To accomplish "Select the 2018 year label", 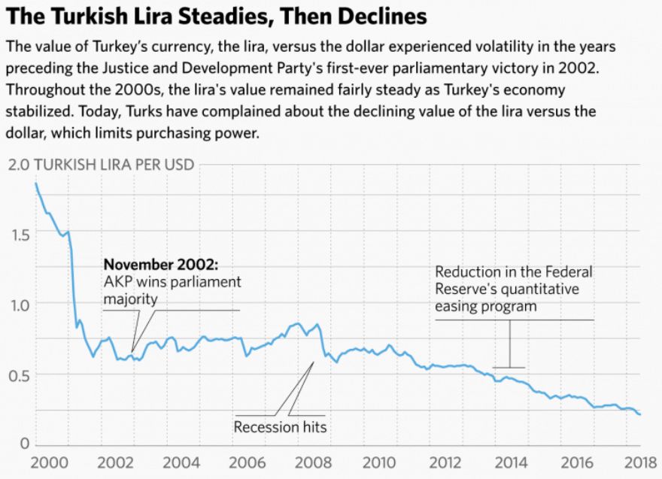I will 639,460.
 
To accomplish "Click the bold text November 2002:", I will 165,265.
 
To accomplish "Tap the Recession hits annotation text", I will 280,426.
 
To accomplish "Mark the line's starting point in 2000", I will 35,183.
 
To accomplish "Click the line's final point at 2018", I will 640,414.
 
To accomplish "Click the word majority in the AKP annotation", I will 130,299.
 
